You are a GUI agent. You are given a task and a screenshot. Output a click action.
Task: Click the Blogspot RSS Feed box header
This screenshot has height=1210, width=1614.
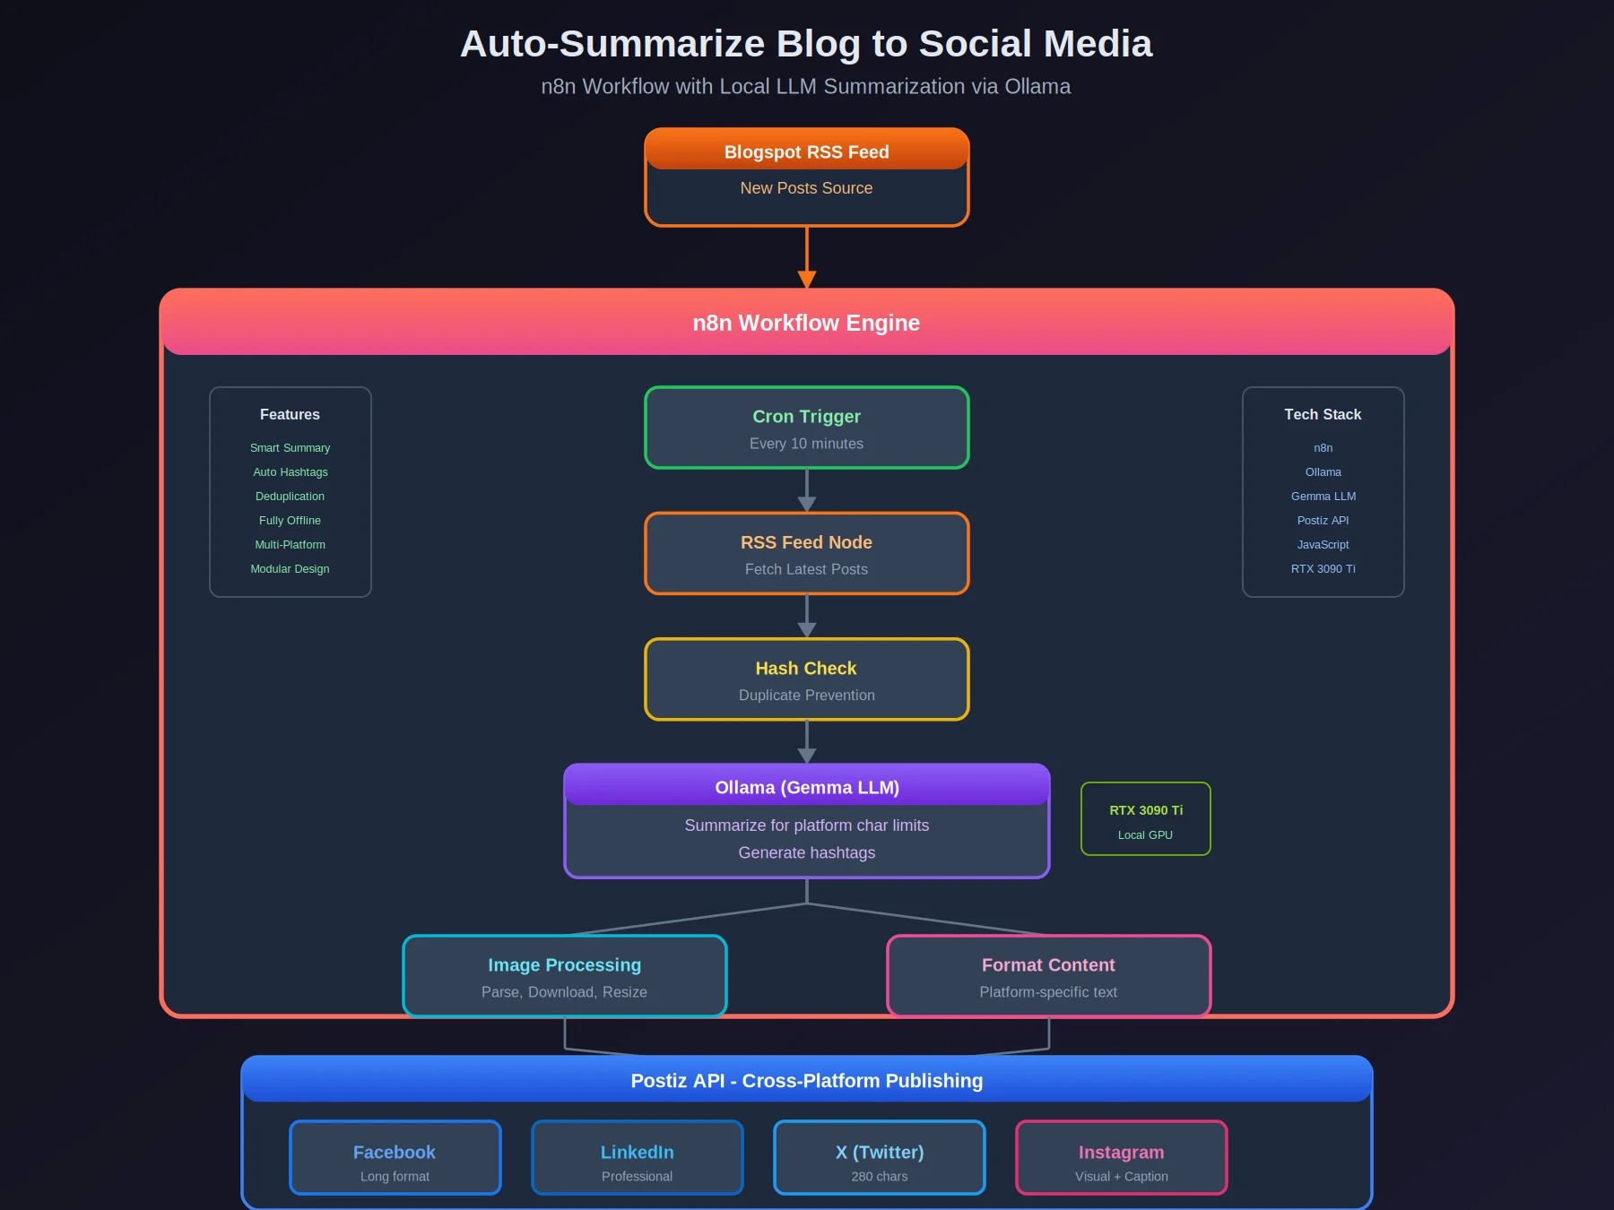coord(806,151)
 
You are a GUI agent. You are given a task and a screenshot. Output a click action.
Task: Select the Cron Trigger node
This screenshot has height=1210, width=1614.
coord(806,428)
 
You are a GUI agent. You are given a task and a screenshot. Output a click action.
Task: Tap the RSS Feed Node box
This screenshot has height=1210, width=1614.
coord(806,553)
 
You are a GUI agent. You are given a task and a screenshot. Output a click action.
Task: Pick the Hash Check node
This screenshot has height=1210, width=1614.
coord(806,679)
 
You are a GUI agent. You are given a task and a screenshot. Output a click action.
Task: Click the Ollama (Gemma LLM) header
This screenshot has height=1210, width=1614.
coord(806,787)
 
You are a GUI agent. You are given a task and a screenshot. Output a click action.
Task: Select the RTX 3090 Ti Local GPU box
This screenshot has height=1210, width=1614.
coord(1145,819)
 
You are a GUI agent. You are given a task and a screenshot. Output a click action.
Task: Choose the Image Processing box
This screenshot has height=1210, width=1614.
coord(564,976)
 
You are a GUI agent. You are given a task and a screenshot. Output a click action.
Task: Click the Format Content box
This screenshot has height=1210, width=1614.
coord(1048,976)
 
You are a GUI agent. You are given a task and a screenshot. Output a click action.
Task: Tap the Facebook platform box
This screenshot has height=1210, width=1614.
coord(395,1158)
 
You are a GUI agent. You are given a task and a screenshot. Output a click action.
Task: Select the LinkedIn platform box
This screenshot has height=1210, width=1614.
coord(637,1158)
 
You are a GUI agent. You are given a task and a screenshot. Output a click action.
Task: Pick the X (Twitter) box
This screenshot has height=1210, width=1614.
coord(879,1158)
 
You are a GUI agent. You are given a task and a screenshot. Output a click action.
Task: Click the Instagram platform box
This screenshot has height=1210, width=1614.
coord(1121,1158)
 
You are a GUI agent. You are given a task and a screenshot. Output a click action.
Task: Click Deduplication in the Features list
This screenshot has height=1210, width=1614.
coord(290,497)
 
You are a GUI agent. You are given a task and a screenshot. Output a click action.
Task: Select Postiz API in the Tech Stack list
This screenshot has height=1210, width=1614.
coord(1323,521)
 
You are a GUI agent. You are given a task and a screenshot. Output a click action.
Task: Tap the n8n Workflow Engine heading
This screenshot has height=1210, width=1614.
coord(806,323)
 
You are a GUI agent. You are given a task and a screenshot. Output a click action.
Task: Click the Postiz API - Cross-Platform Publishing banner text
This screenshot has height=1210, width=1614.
coord(806,1081)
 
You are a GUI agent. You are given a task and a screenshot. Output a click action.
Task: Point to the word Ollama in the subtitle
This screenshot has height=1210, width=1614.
coord(1037,87)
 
